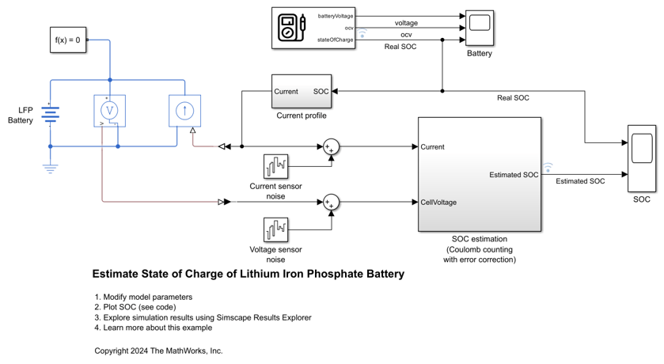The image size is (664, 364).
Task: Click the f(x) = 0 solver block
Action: tap(67, 40)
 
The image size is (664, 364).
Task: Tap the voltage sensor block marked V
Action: tap(110, 111)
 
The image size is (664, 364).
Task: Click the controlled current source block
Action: tap(184, 111)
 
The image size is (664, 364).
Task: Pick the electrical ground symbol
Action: tap(51, 168)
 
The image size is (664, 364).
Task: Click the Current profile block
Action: tap(301, 92)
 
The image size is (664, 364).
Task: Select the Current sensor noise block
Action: tap(276, 166)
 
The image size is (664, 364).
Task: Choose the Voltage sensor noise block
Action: tap(276, 230)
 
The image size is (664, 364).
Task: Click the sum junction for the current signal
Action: tap(331, 146)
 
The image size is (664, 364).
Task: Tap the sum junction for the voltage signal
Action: tap(331, 203)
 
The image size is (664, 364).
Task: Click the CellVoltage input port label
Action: tap(438, 203)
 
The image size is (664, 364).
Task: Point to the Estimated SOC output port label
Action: tap(514, 175)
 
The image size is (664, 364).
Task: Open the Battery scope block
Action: tap(479, 28)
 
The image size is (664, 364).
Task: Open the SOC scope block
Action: tap(641, 158)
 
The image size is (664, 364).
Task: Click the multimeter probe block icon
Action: tap(291, 28)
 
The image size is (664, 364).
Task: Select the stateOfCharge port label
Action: tap(336, 40)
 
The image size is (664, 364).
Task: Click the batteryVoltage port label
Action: tap(336, 16)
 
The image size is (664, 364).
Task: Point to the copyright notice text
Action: tap(158, 351)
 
